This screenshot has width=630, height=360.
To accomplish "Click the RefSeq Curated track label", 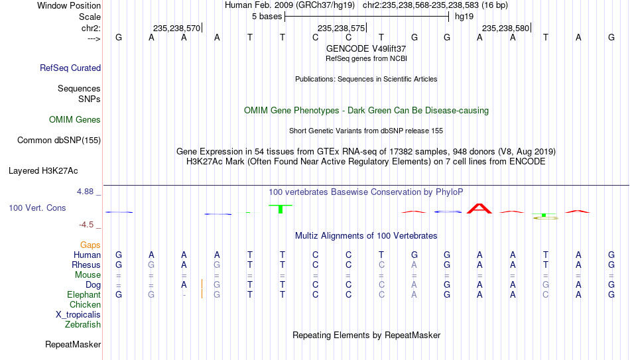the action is tap(70, 68).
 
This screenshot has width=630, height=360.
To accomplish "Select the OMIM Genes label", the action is tap(75, 120).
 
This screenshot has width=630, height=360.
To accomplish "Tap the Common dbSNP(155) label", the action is tap(59, 141).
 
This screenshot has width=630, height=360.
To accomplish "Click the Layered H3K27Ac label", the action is tap(43, 171).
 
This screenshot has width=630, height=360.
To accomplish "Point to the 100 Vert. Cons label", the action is tap(37, 208).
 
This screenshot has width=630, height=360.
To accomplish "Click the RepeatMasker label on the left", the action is tap(73, 344).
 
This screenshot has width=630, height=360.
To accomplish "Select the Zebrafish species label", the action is tap(83, 325).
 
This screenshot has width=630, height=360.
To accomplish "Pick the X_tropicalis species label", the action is tap(78, 315).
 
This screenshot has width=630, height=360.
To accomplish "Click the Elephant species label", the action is tap(84, 294).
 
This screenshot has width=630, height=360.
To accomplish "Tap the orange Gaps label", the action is tap(90, 245).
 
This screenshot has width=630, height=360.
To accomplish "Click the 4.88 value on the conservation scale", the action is tap(85, 192).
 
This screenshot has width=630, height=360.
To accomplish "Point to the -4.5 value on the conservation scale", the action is tap(86, 225).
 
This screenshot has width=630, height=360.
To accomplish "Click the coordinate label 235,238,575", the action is tap(341, 28).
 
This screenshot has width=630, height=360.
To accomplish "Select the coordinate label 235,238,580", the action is tap(505, 28).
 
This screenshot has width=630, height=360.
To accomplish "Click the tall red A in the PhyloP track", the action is tap(479, 209).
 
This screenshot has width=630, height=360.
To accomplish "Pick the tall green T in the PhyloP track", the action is tap(281, 209).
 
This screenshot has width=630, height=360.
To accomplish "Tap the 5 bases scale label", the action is tap(267, 17).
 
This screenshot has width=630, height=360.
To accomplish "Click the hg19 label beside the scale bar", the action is tap(464, 17).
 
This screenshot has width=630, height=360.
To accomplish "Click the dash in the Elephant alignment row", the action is tap(184, 295).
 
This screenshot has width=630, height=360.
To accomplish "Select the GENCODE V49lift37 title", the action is tap(366, 48).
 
